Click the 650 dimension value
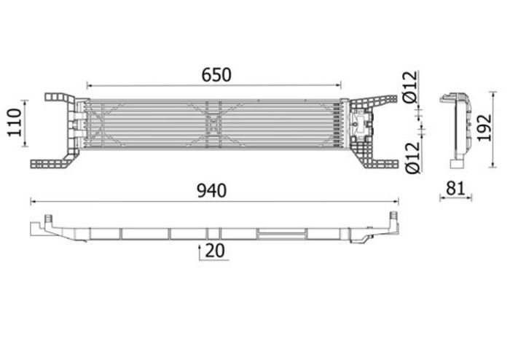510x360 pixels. coord(216,75)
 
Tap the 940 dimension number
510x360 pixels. coord(212,191)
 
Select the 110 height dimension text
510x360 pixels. coord(15,122)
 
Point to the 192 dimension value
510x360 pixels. coord(484,128)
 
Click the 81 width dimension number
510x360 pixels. coord(455,188)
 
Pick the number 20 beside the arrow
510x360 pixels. coord(215,251)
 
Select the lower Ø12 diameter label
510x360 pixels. coord(413,157)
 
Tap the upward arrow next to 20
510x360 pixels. coord(200,253)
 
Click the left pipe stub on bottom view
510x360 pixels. coord(49,219)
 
